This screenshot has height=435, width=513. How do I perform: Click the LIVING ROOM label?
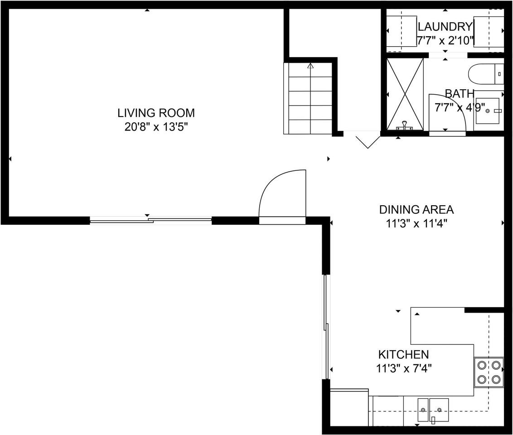click(156, 113)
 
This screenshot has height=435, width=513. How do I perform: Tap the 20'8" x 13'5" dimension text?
click(156, 127)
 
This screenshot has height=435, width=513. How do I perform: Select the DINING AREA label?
click(416, 209)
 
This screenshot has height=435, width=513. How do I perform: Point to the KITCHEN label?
click(403, 354)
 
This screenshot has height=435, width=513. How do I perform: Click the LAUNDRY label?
click(445, 26)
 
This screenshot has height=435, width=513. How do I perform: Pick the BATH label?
click(460, 94)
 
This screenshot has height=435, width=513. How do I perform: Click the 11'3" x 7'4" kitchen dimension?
click(404, 368)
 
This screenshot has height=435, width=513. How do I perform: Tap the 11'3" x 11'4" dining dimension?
click(416, 224)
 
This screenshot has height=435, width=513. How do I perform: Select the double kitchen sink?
click(433, 410)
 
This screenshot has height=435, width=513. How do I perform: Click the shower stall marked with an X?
click(405, 94)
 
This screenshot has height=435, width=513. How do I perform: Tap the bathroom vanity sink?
click(488, 111)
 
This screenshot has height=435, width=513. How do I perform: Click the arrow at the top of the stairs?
click(310, 66)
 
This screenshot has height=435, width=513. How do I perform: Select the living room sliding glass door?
click(151, 220)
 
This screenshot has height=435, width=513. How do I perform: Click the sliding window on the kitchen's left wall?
click(326, 327)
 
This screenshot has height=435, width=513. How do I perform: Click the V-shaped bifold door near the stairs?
click(368, 142)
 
